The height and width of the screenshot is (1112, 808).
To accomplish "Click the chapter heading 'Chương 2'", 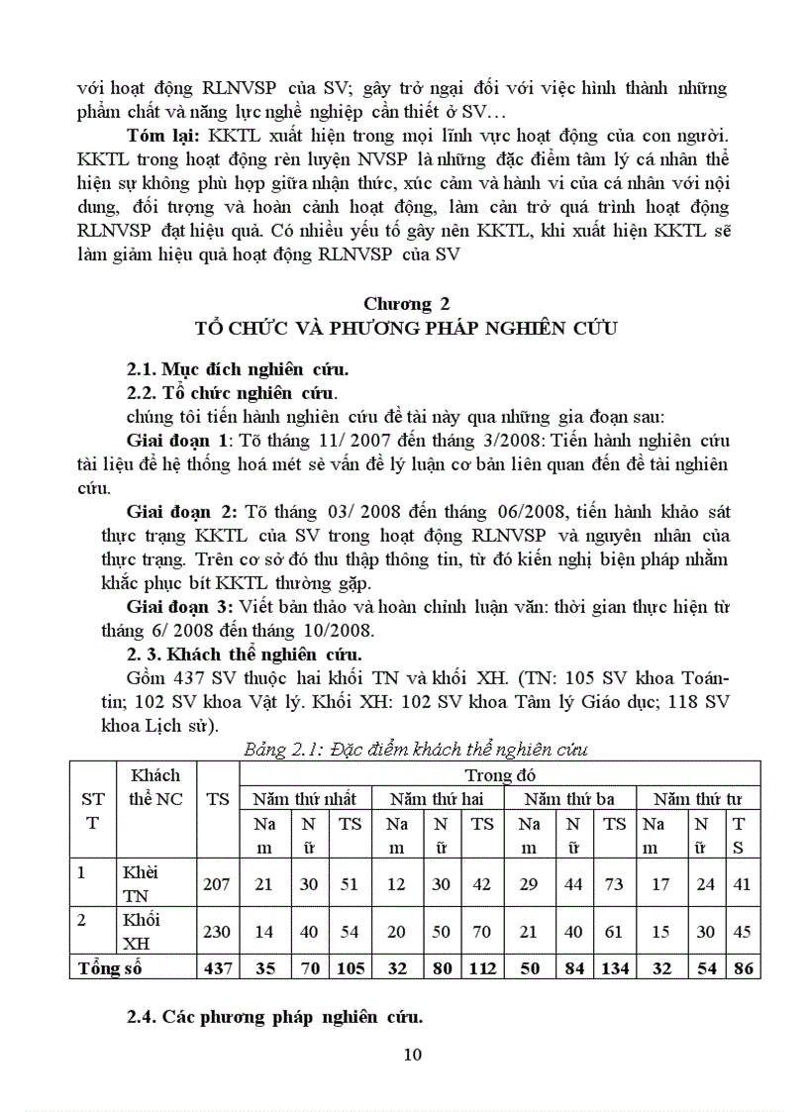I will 405,304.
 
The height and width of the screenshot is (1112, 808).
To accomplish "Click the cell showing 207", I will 217,883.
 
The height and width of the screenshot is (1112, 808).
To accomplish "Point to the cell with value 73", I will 615,883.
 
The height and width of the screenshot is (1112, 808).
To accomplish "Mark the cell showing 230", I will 217,931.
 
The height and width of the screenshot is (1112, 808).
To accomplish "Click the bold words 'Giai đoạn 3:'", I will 179,605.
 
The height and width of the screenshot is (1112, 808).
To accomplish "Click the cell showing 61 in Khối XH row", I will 615,931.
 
